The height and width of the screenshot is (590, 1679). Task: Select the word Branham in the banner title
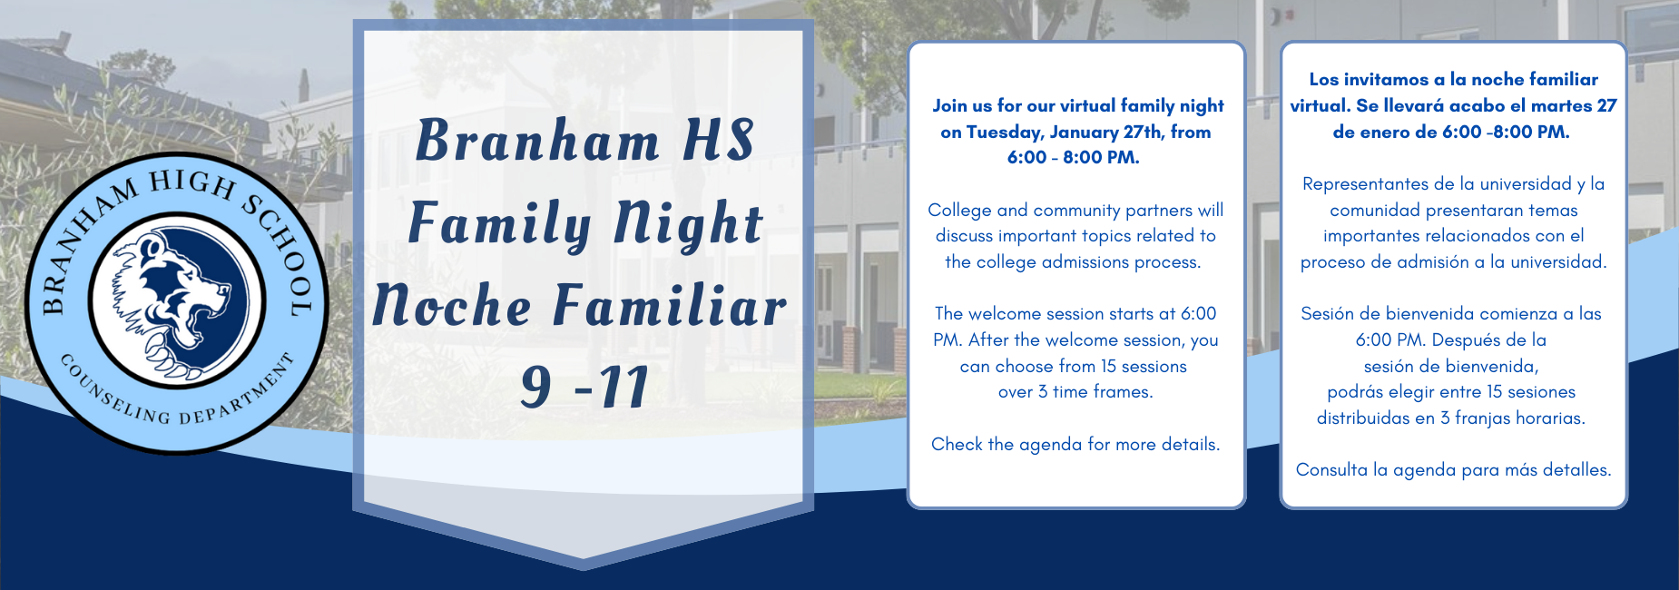click(x=537, y=142)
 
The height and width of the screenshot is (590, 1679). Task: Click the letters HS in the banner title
click(x=718, y=142)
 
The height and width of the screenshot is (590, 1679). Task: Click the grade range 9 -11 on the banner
click(x=584, y=387)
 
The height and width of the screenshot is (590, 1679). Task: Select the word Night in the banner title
click(x=688, y=224)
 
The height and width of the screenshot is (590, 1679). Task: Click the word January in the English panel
click(x=1084, y=132)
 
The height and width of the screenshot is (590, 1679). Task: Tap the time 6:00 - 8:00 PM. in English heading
click(x=1074, y=157)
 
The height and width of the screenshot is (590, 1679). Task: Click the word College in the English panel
click(x=960, y=210)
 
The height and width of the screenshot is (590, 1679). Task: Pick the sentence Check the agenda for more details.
click(x=1075, y=444)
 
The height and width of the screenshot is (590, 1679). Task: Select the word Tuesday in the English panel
click(x=1004, y=132)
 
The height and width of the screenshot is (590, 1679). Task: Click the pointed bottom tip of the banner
click(x=584, y=565)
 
